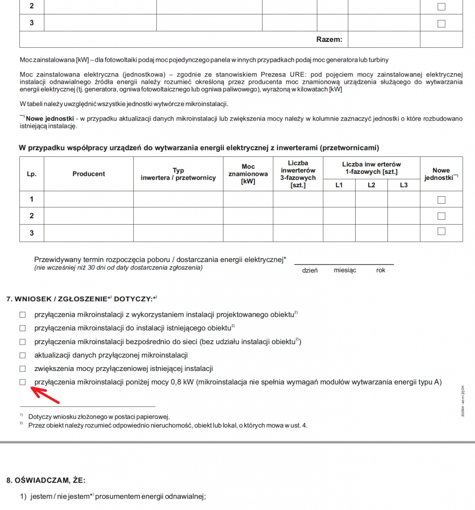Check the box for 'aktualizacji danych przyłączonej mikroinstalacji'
click(x=22, y=355)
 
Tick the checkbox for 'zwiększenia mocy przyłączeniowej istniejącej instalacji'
click(x=22, y=369)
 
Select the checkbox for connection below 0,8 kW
click(x=22, y=382)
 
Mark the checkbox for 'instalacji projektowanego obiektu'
click(x=22, y=315)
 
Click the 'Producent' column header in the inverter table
click(x=89, y=174)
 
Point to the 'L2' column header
click(x=372, y=185)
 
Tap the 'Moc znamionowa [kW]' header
click(x=248, y=174)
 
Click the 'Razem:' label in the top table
click(x=329, y=39)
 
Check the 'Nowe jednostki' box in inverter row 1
click(x=441, y=200)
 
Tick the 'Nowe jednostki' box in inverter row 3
click(x=441, y=232)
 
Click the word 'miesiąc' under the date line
click(x=345, y=270)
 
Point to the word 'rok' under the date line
click(x=381, y=270)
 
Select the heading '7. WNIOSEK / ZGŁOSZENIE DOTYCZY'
click(x=82, y=299)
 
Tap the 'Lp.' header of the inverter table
click(x=32, y=174)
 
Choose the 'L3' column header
click(x=403, y=185)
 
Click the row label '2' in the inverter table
click(x=32, y=216)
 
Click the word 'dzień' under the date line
click(x=310, y=270)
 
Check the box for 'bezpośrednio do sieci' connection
click(x=22, y=342)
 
